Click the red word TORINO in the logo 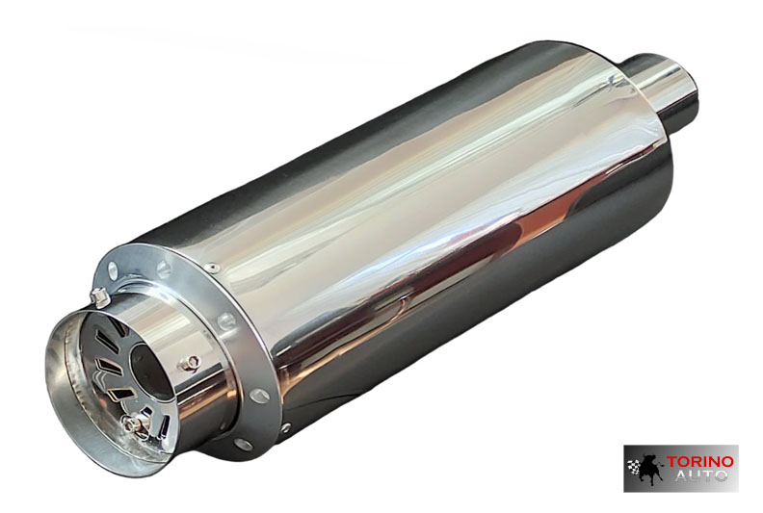pos(699,461)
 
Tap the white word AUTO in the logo pos(701,475)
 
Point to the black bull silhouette pos(649,471)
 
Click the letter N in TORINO pos(714,461)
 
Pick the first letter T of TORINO pos(671,462)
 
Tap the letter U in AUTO pos(695,475)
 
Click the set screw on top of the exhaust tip pos(99,296)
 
